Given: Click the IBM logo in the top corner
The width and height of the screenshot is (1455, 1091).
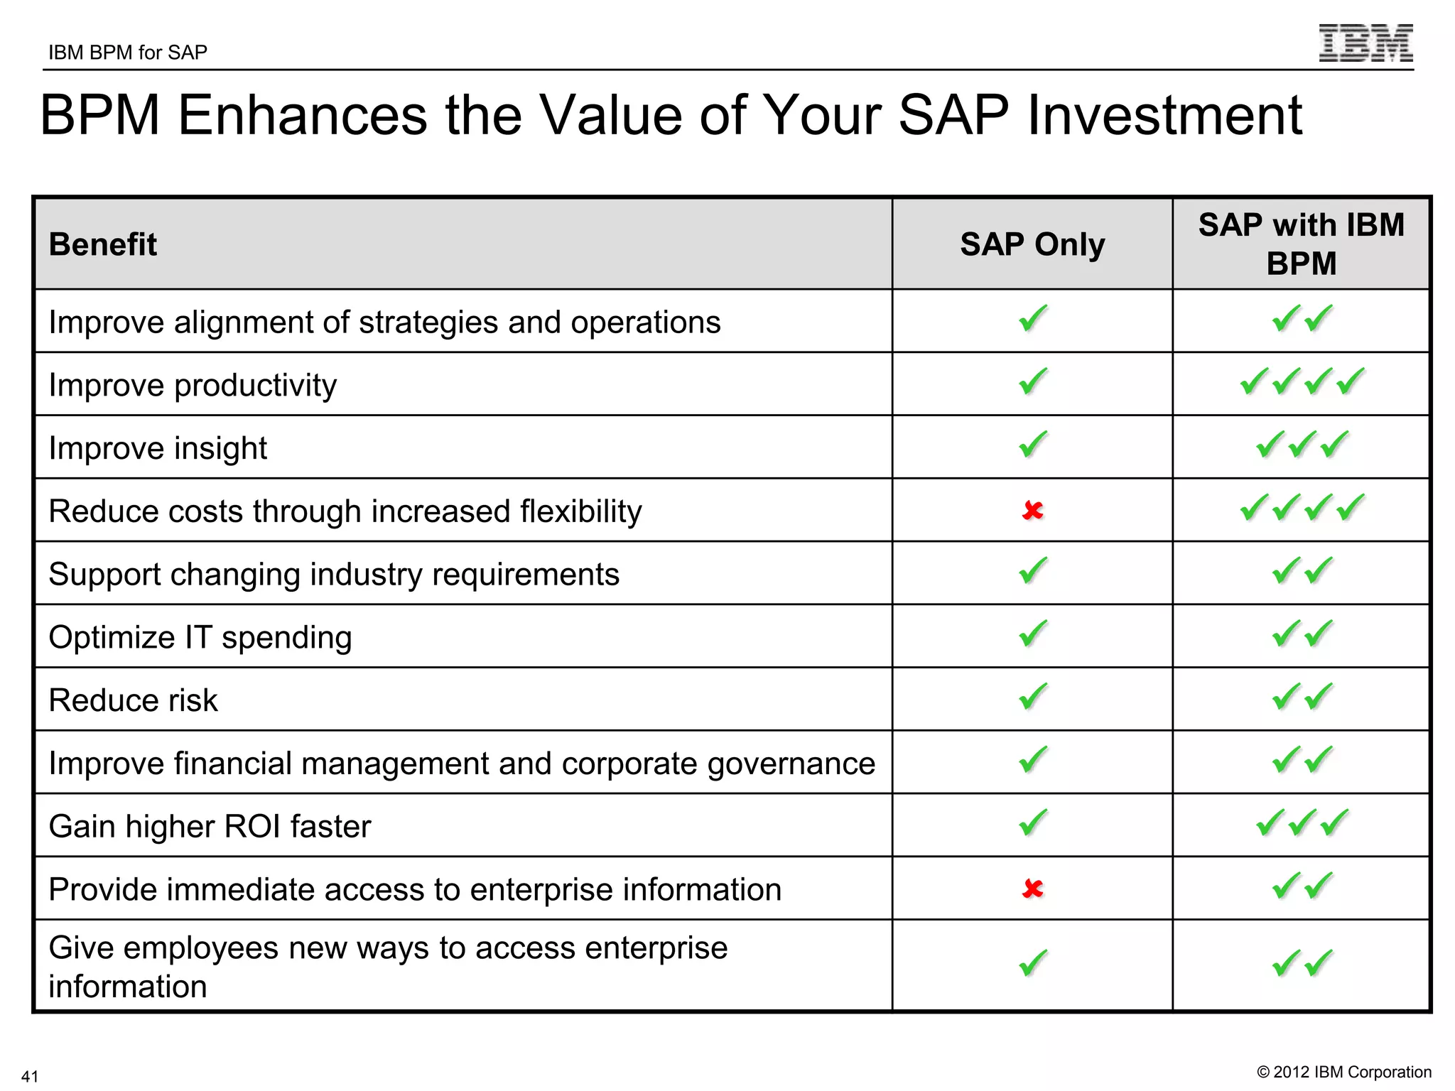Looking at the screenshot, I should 1365,43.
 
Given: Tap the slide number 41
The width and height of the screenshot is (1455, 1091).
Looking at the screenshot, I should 30,1076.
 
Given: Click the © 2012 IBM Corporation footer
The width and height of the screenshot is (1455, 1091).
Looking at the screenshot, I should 1344,1072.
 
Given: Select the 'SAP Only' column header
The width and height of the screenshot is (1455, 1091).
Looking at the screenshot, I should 1032,244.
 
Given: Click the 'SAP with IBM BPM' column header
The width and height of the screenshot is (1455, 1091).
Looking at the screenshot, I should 1301,244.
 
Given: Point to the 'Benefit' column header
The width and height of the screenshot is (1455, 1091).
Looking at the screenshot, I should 103,244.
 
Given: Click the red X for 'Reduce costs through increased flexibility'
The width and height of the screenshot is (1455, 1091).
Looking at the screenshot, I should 1032,511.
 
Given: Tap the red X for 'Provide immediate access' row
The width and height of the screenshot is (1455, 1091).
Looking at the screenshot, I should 1032,889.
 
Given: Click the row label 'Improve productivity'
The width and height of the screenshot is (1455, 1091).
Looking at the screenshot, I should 193,386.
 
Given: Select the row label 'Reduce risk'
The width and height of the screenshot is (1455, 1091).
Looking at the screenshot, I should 133,700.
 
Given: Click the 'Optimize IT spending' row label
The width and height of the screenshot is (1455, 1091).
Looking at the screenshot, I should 200,637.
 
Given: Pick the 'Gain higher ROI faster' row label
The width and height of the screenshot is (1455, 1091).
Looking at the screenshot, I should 210,827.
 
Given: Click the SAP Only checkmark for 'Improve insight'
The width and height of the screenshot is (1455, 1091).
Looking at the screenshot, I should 1033,445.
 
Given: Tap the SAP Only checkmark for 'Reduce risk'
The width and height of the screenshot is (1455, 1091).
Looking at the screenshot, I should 1033,697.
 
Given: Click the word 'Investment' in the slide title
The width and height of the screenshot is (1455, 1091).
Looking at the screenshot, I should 1164,115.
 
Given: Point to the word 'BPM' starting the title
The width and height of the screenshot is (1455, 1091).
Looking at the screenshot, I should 100,115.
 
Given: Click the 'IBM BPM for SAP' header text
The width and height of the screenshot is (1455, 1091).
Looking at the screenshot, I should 128,53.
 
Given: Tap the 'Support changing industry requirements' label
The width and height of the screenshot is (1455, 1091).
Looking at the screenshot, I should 334,575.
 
